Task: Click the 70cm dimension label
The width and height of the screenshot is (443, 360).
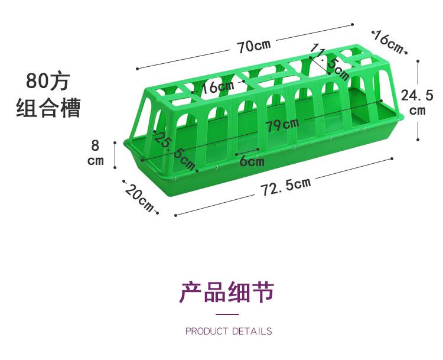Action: click(x=255, y=47)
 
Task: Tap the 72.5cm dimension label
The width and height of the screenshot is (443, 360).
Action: click(x=286, y=186)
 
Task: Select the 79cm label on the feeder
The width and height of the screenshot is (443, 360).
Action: click(x=282, y=125)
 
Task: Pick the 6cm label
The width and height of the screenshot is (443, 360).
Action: click(x=252, y=160)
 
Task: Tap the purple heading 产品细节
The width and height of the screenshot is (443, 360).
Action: click(x=227, y=293)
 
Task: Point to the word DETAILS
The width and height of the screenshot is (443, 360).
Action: click(x=252, y=331)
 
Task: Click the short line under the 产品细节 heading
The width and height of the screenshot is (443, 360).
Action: click(x=227, y=314)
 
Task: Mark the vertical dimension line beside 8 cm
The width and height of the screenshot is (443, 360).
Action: click(x=115, y=153)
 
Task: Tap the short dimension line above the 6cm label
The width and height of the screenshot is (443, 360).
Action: click(x=246, y=150)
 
